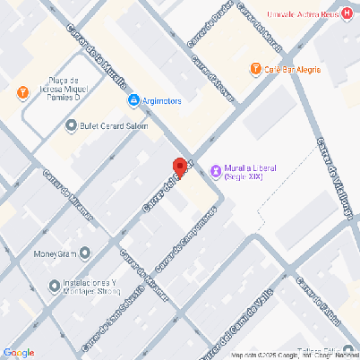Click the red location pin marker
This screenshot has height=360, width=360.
(x=179, y=167)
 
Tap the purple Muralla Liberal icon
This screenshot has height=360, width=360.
(x=215, y=171)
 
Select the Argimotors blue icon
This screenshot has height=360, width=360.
(x=134, y=101)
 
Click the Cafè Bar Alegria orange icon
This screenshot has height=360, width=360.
(x=256, y=68)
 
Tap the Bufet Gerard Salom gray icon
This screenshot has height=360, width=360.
(x=71, y=126)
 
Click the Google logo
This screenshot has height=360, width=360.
(x=19, y=352)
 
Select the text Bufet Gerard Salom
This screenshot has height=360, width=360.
(x=113, y=126)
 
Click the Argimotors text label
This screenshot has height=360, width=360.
(x=162, y=101)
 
